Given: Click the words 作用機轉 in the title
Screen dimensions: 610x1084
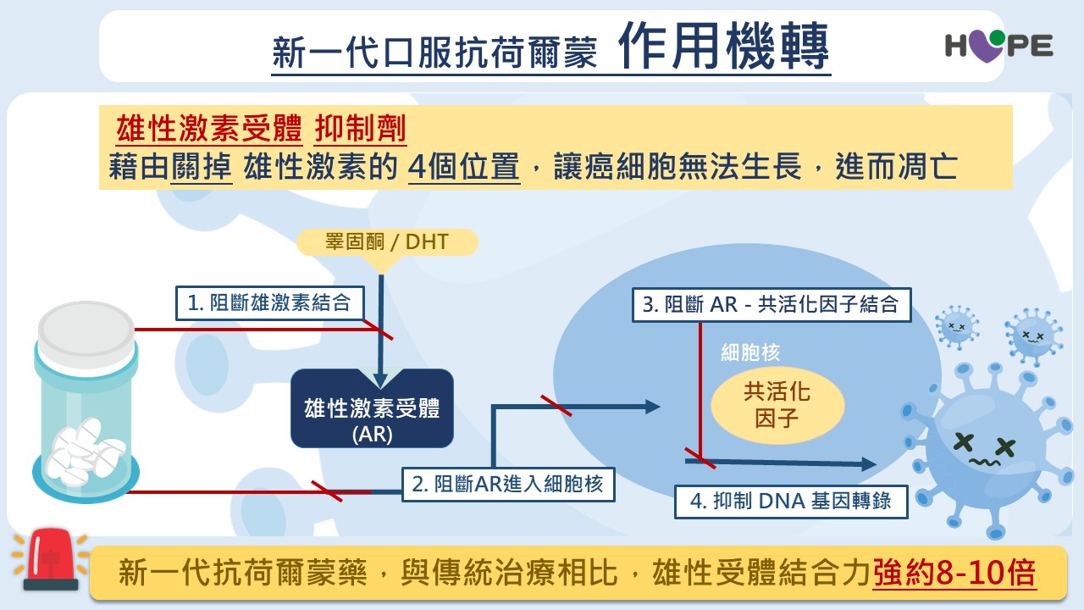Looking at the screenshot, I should (723, 46).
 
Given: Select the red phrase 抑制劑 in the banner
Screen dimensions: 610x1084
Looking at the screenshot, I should (361, 130).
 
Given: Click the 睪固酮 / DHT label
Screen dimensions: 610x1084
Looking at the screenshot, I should (387, 243).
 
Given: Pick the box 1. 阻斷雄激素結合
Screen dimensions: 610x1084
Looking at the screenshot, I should (269, 302).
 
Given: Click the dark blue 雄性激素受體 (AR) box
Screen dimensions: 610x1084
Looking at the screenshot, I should (372, 408).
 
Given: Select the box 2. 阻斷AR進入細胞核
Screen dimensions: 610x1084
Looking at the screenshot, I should (507, 484).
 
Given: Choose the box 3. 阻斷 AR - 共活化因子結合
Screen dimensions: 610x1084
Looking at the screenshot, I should (771, 304).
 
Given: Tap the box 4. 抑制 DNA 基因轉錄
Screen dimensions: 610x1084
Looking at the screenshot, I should (791, 501).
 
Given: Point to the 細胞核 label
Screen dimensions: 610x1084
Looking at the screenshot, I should (749, 352).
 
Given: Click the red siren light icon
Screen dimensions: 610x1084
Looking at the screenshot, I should (50, 558).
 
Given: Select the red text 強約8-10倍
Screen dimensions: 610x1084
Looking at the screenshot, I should (954, 574).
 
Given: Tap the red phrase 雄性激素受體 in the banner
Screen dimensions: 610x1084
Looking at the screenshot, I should (208, 130).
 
